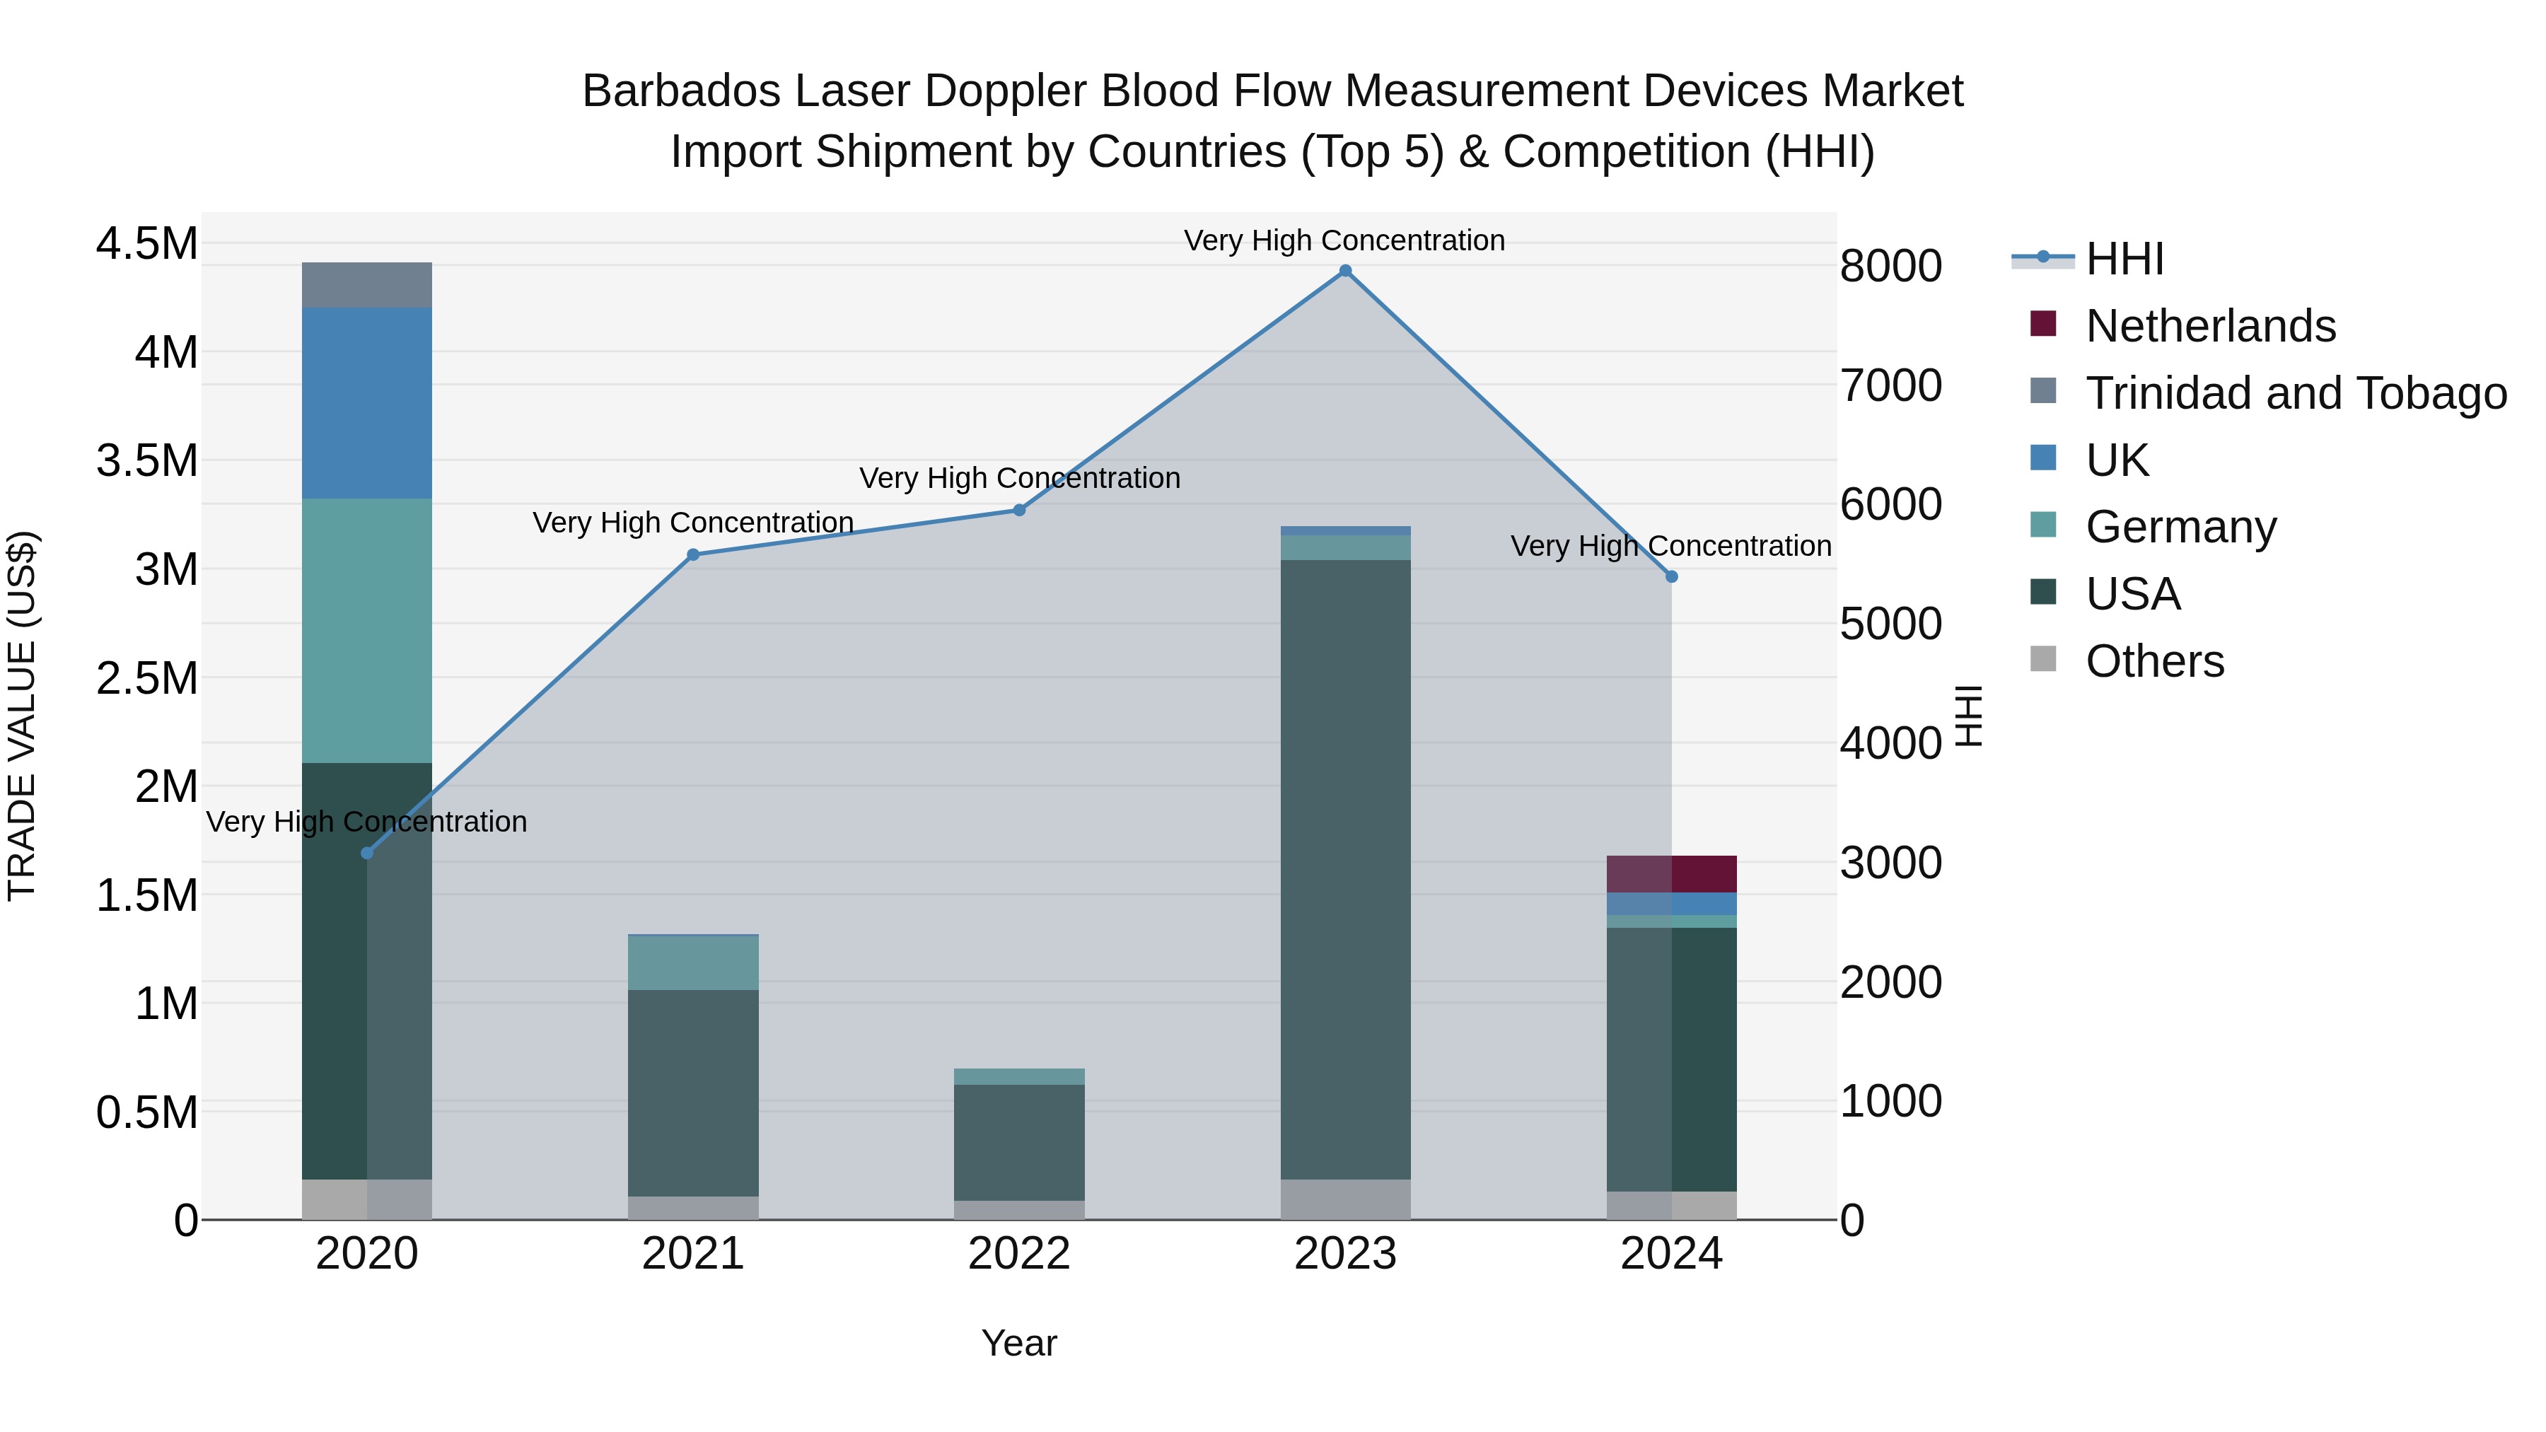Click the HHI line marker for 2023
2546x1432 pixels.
[1345, 271]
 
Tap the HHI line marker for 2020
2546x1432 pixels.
[366, 853]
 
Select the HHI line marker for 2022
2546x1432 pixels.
[1019, 510]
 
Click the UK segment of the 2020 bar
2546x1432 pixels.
[366, 402]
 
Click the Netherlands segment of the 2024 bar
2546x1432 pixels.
[1671, 873]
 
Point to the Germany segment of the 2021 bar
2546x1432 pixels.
[693, 962]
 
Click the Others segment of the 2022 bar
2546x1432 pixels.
[1019, 1210]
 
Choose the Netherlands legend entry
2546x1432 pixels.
[2210, 326]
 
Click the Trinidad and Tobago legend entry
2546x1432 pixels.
[2295, 393]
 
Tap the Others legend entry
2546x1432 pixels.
[2155, 661]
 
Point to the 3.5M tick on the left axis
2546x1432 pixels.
[146, 460]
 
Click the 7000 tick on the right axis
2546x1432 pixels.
[1890, 385]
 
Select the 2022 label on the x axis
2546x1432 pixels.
[1019, 1254]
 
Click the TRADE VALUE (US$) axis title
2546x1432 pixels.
[22, 716]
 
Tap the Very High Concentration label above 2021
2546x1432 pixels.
[693, 523]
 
